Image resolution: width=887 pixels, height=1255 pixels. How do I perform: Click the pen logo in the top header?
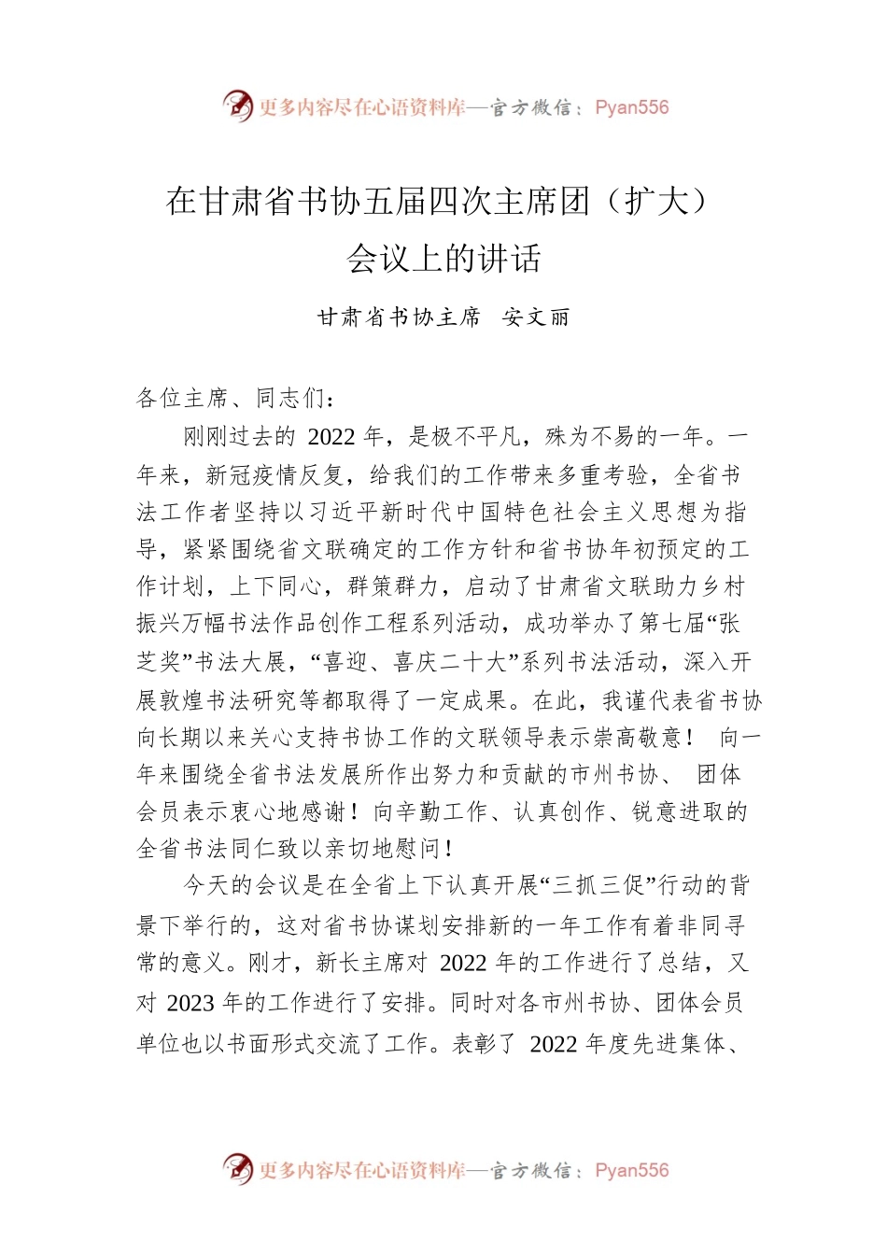pyautogui.click(x=238, y=106)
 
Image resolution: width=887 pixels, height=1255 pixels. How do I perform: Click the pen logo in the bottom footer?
pyautogui.click(x=238, y=1168)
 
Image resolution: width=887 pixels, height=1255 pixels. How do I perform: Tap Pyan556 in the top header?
pyautogui.click(x=632, y=107)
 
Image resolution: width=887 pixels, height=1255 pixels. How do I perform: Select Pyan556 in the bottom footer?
pyautogui.click(x=632, y=1170)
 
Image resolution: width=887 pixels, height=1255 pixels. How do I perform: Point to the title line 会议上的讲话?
pyautogui.click(x=443, y=259)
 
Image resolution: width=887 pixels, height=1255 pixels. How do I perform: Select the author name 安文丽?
pyautogui.click(x=536, y=317)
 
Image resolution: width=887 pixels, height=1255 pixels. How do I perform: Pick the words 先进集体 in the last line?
pyautogui.click(x=680, y=1043)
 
